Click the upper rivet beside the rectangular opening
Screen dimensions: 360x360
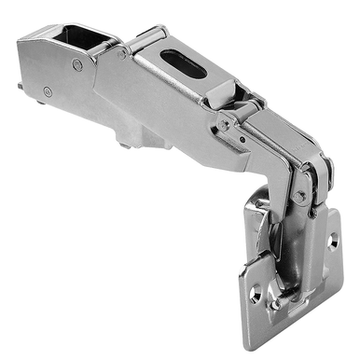point(77,65)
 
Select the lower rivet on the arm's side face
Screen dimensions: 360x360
point(47,91)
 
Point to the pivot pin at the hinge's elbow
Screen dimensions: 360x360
point(300,194)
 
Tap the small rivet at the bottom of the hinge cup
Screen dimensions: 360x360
point(276,303)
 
